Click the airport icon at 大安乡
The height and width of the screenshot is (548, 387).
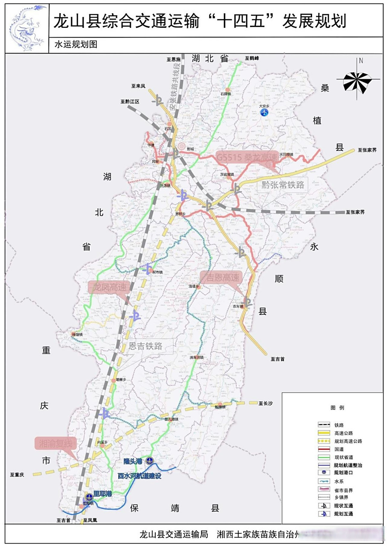[265, 112]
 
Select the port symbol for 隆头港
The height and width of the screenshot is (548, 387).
[149, 461]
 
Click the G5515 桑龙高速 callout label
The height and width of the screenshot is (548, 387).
[247, 157]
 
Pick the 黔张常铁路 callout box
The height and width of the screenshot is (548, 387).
[283, 185]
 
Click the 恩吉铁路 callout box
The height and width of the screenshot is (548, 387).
[146, 346]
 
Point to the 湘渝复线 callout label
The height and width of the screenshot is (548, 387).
[55, 443]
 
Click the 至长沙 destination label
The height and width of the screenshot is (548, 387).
[266, 403]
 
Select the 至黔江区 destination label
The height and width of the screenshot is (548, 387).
[130, 102]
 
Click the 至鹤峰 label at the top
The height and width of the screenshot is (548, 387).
[253, 57]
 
